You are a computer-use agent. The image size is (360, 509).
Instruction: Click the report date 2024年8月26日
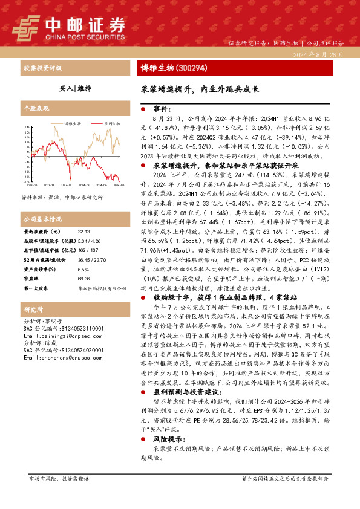(321, 54)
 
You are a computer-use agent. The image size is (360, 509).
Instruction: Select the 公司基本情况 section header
(42, 219)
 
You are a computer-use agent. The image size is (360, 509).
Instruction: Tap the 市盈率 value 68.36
(84, 279)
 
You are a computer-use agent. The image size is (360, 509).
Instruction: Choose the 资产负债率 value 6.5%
(83, 270)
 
